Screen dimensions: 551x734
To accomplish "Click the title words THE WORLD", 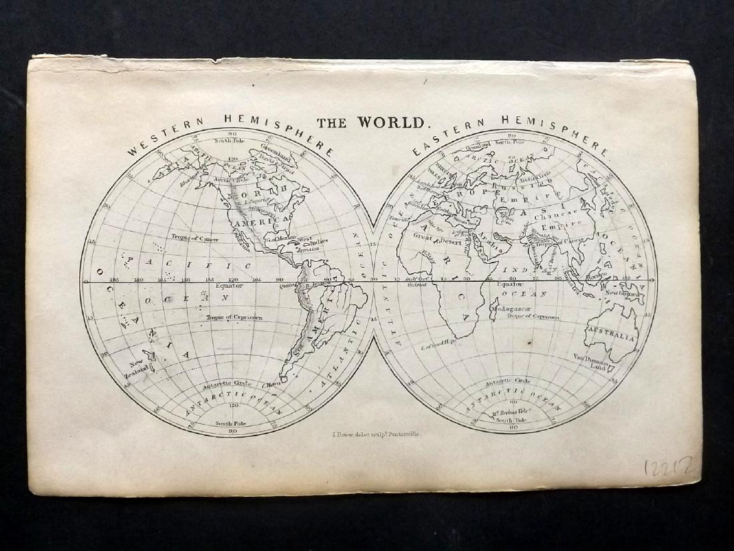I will coord(371,122).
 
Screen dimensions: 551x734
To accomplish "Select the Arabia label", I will coord(490,244).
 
